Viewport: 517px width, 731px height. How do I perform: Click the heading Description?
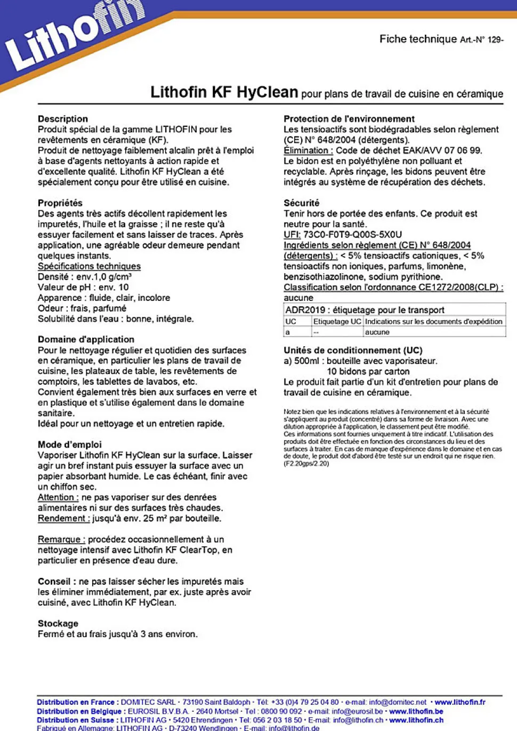62,119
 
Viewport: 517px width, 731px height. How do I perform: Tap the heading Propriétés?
60,203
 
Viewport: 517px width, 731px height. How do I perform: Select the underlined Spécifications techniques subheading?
89,266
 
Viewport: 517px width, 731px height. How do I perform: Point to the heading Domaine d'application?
86,339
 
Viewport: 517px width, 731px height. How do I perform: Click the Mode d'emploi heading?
69,444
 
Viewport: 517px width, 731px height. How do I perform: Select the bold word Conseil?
54,582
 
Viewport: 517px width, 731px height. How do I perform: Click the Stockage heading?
58,623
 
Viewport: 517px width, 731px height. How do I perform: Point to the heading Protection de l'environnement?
349,119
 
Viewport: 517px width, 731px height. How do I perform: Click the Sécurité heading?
301,203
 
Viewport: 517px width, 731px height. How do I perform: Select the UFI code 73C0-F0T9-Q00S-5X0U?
352,235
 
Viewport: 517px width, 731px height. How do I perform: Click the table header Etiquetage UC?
337,322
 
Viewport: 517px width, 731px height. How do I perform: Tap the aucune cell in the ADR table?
377,332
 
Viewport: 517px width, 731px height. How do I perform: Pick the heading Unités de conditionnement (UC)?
352,351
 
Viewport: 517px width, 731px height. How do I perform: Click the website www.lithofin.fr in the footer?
459,702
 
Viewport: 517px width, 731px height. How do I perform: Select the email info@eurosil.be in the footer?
357,711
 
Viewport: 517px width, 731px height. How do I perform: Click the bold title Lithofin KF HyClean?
224,92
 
